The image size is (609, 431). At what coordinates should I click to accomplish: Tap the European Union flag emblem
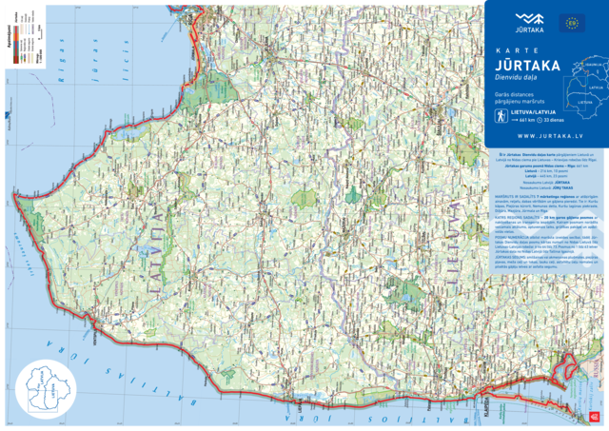(x=572, y=22)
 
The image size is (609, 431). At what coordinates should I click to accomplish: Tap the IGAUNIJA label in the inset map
(x=588, y=67)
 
